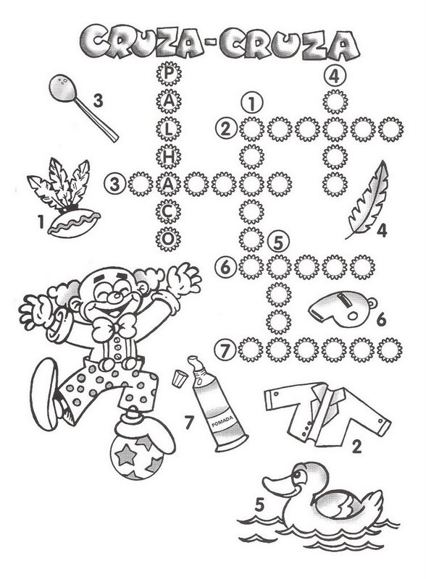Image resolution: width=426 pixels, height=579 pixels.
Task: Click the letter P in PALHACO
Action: pyautogui.click(x=168, y=74)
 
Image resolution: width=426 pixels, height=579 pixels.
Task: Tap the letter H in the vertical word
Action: pyautogui.click(x=168, y=156)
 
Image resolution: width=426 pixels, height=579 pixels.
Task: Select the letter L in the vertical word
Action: pyautogui.click(x=168, y=129)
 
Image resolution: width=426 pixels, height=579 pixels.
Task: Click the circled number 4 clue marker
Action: pyautogui.click(x=334, y=76)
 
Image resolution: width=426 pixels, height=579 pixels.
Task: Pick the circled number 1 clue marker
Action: pyautogui.click(x=251, y=103)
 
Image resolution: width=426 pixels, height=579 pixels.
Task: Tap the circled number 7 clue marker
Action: pyautogui.click(x=225, y=350)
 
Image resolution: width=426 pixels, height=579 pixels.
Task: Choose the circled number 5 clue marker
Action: pyautogui.click(x=278, y=242)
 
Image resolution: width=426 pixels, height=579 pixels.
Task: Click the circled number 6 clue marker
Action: pyautogui.click(x=225, y=267)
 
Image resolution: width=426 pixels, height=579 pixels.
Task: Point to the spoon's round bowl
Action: pyautogui.click(x=63, y=88)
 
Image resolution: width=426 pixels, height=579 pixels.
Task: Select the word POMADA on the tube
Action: pyautogui.click(x=222, y=421)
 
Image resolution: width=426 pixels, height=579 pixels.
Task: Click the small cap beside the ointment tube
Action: pyautogui.click(x=179, y=379)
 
